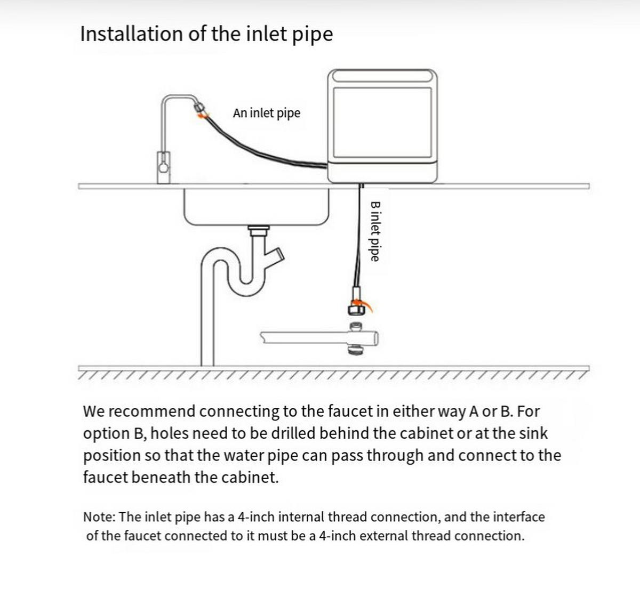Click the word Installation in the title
(132, 34)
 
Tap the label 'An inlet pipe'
(267, 113)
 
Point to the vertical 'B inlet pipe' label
(375, 231)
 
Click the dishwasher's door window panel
(382, 123)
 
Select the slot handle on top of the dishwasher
(382, 76)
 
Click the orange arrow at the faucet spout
(203, 115)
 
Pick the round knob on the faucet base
(163, 168)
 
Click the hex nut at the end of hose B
(355, 309)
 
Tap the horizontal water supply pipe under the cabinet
(319, 338)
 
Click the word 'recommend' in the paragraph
(151, 412)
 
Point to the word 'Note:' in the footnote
(99, 517)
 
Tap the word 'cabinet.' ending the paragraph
(250, 478)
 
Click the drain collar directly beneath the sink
(259, 231)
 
